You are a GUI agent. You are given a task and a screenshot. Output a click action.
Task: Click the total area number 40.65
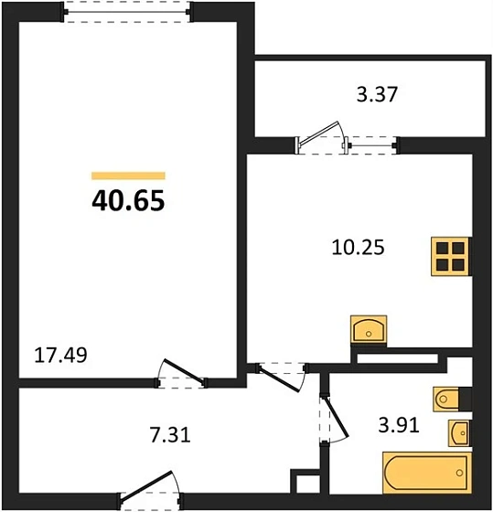(x=128, y=200)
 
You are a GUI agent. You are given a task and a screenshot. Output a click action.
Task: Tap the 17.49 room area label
(x=60, y=356)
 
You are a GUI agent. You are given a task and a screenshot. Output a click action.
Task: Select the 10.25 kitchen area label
(x=358, y=247)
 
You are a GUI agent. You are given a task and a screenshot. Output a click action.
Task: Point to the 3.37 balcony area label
(x=377, y=94)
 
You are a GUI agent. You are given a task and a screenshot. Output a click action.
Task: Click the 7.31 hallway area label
(x=170, y=435)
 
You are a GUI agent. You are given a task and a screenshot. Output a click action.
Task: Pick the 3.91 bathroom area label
(x=399, y=425)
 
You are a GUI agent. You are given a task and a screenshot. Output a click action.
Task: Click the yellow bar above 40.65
(x=128, y=176)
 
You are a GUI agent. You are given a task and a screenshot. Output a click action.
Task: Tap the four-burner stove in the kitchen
(x=451, y=256)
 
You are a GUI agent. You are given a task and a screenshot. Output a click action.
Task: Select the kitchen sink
(x=369, y=330)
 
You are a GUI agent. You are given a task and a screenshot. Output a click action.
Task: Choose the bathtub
(x=427, y=472)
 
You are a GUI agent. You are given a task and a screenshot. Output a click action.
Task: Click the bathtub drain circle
(x=459, y=473)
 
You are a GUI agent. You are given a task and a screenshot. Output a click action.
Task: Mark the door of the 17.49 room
(x=183, y=373)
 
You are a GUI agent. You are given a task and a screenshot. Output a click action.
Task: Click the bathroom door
(x=334, y=419)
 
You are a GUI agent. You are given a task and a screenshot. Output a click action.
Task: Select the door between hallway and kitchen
(x=281, y=377)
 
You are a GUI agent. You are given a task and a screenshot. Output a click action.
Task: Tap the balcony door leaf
(x=319, y=133)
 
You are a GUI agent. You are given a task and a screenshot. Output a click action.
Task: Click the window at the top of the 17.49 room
(x=127, y=12)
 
